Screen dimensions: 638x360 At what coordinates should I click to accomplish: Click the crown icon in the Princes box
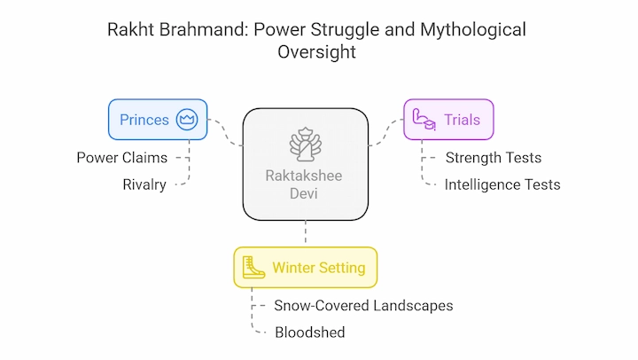[187, 120]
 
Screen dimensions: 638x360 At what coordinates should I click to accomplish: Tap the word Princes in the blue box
[144, 120]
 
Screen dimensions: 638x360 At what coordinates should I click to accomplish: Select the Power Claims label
[122, 158]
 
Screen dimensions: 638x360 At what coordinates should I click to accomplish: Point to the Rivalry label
[144, 184]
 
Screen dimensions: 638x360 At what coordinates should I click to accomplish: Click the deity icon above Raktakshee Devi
[306, 145]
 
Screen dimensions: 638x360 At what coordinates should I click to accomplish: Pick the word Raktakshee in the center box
[304, 176]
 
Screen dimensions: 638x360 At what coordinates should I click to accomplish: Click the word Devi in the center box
[304, 193]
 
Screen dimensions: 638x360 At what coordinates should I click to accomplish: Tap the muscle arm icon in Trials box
[424, 120]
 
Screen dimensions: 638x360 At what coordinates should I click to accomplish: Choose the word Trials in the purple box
[462, 120]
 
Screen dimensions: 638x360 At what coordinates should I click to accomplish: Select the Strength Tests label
[494, 158]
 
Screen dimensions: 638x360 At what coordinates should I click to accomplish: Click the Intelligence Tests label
[502, 184]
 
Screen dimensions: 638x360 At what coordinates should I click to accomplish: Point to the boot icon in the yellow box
[253, 268]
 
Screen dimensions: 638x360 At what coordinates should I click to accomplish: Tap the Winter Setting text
[319, 268]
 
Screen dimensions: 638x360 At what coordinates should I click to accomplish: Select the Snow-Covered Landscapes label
[363, 305]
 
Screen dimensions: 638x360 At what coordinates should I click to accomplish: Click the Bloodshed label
[310, 333]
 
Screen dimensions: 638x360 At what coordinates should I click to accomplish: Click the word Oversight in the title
[316, 51]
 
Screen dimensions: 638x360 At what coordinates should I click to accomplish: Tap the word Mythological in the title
[473, 30]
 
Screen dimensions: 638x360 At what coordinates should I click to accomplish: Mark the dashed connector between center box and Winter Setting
[306, 231]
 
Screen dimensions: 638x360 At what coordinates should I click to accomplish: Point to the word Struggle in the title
[345, 30]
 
